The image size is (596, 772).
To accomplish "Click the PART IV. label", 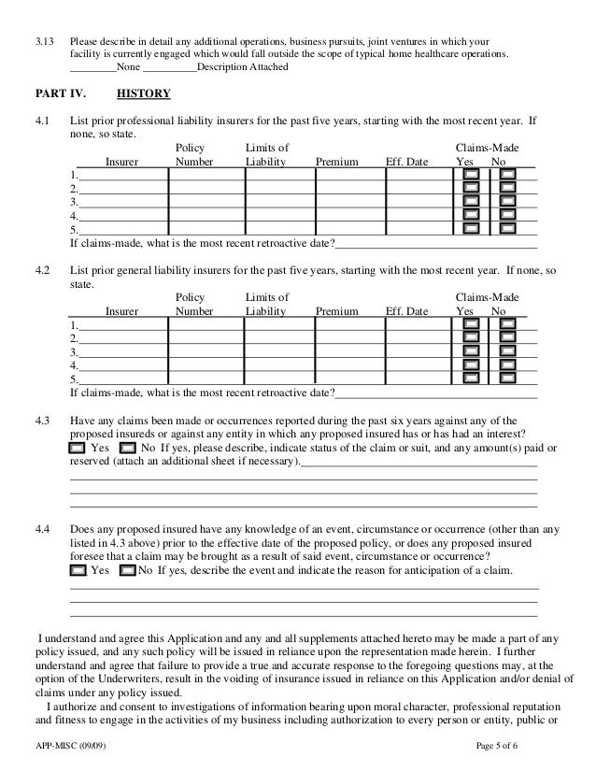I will tap(59, 94).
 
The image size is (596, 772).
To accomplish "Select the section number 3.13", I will tap(44, 42).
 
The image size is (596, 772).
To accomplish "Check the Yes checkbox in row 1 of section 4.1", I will tap(472, 175).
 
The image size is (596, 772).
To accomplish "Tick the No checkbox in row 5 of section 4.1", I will tap(506, 227).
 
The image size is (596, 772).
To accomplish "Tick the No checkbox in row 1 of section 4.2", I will tap(506, 324).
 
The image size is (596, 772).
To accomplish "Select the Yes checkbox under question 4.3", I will tap(79, 448).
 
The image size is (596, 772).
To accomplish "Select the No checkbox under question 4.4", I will tap(128, 570).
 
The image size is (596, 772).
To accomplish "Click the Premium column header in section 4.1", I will tap(337, 162).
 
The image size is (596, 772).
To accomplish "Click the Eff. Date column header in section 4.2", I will tap(406, 311).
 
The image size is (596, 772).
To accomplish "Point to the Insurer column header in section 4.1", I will tap(122, 162).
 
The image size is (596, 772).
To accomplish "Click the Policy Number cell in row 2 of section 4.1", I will tap(205, 188).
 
